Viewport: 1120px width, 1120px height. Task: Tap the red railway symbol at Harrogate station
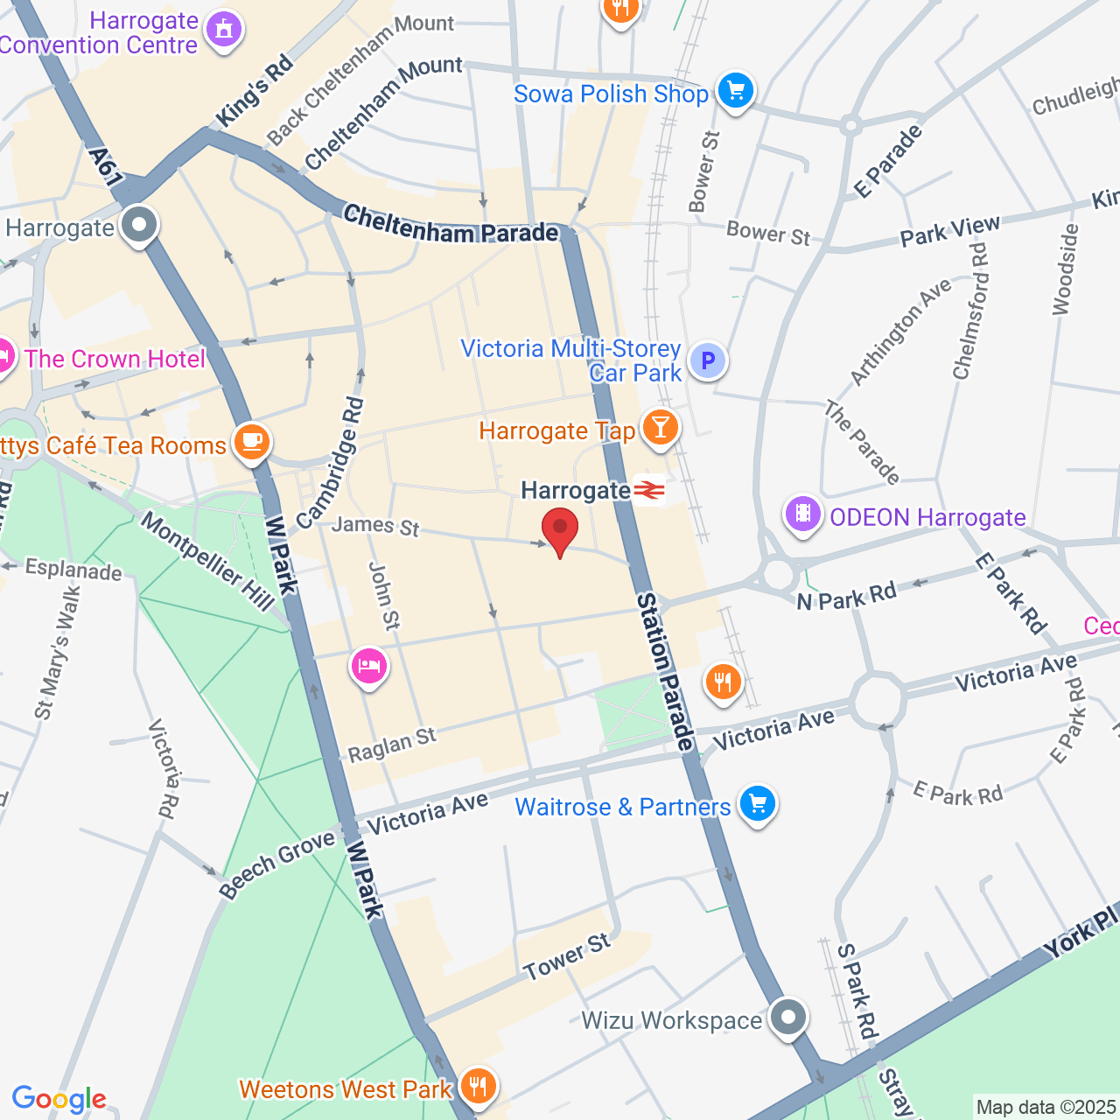pyautogui.click(x=649, y=491)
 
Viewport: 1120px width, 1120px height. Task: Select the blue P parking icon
pyautogui.click(x=708, y=360)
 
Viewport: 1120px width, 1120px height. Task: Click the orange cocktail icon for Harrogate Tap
pyautogui.click(x=660, y=428)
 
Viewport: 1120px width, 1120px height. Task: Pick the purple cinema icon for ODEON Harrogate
pyautogui.click(x=802, y=514)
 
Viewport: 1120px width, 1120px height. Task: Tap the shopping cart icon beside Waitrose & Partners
pyautogui.click(x=757, y=803)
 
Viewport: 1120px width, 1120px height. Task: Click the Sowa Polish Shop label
pyautogui.click(x=611, y=94)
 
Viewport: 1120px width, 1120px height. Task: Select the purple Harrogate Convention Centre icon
pyautogui.click(x=224, y=31)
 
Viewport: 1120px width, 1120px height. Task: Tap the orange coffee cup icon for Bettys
pyautogui.click(x=251, y=441)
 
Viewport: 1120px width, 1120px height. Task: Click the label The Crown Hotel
pyautogui.click(x=115, y=359)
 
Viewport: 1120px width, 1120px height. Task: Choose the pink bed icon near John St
pyautogui.click(x=369, y=667)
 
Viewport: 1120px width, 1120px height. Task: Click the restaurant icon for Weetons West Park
pyautogui.click(x=478, y=1087)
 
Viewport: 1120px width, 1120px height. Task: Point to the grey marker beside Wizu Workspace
pyautogui.click(x=789, y=1018)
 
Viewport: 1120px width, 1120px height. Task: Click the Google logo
pyautogui.click(x=59, y=1099)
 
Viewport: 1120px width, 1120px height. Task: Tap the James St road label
pyautogui.click(x=375, y=526)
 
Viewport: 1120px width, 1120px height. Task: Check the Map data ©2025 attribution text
pyautogui.click(x=1046, y=1108)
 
